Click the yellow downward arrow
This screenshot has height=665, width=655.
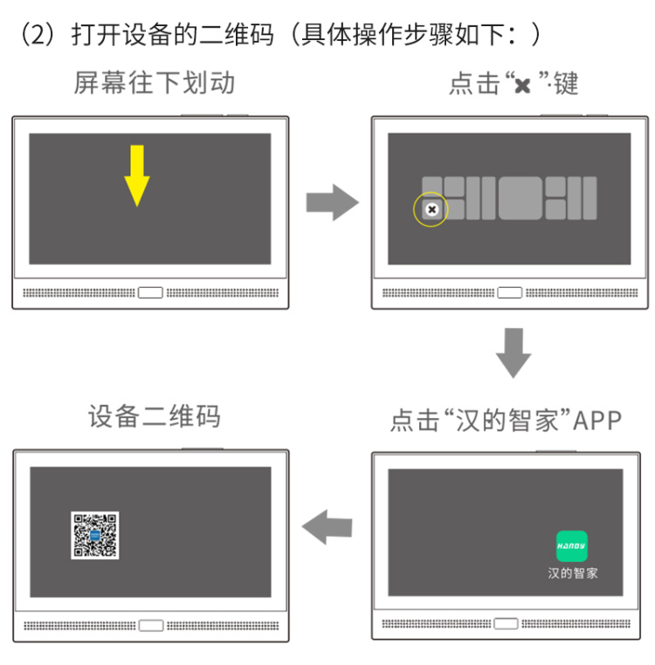[x=137, y=175]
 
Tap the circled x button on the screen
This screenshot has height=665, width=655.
[x=431, y=209]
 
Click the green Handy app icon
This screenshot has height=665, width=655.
[x=572, y=546]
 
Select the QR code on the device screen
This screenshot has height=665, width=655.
[x=94, y=535]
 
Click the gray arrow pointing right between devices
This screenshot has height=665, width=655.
[x=333, y=202]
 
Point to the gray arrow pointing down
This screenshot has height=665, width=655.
[x=514, y=353]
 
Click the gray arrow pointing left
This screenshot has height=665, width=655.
[x=327, y=527]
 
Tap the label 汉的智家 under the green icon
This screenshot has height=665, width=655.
[x=573, y=573]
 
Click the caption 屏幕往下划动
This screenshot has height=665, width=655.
[x=154, y=82]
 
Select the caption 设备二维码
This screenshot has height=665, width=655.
[x=154, y=416]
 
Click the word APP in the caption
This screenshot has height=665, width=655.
[x=597, y=421]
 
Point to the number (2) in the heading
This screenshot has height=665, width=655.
[x=38, y=34]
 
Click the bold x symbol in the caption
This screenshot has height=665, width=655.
[x=522, y=86]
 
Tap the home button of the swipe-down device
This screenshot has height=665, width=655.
[x=150, y=292]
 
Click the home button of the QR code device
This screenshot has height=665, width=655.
[x=151, y=626]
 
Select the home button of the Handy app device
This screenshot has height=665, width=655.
[x=506, y=623]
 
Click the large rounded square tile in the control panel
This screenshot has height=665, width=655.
[x=521, y=198]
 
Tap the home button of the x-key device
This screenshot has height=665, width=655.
[x=510, y=292]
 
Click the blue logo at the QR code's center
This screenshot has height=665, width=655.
[x=94, y=535]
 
